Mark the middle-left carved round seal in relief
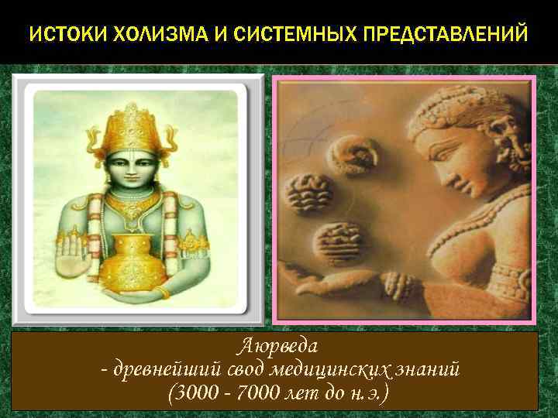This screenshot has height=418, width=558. click(308, 194)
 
